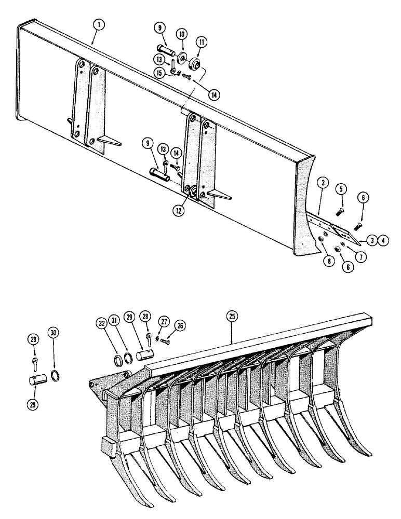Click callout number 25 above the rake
(x=231, y=316)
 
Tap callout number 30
(x=54, y=332)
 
